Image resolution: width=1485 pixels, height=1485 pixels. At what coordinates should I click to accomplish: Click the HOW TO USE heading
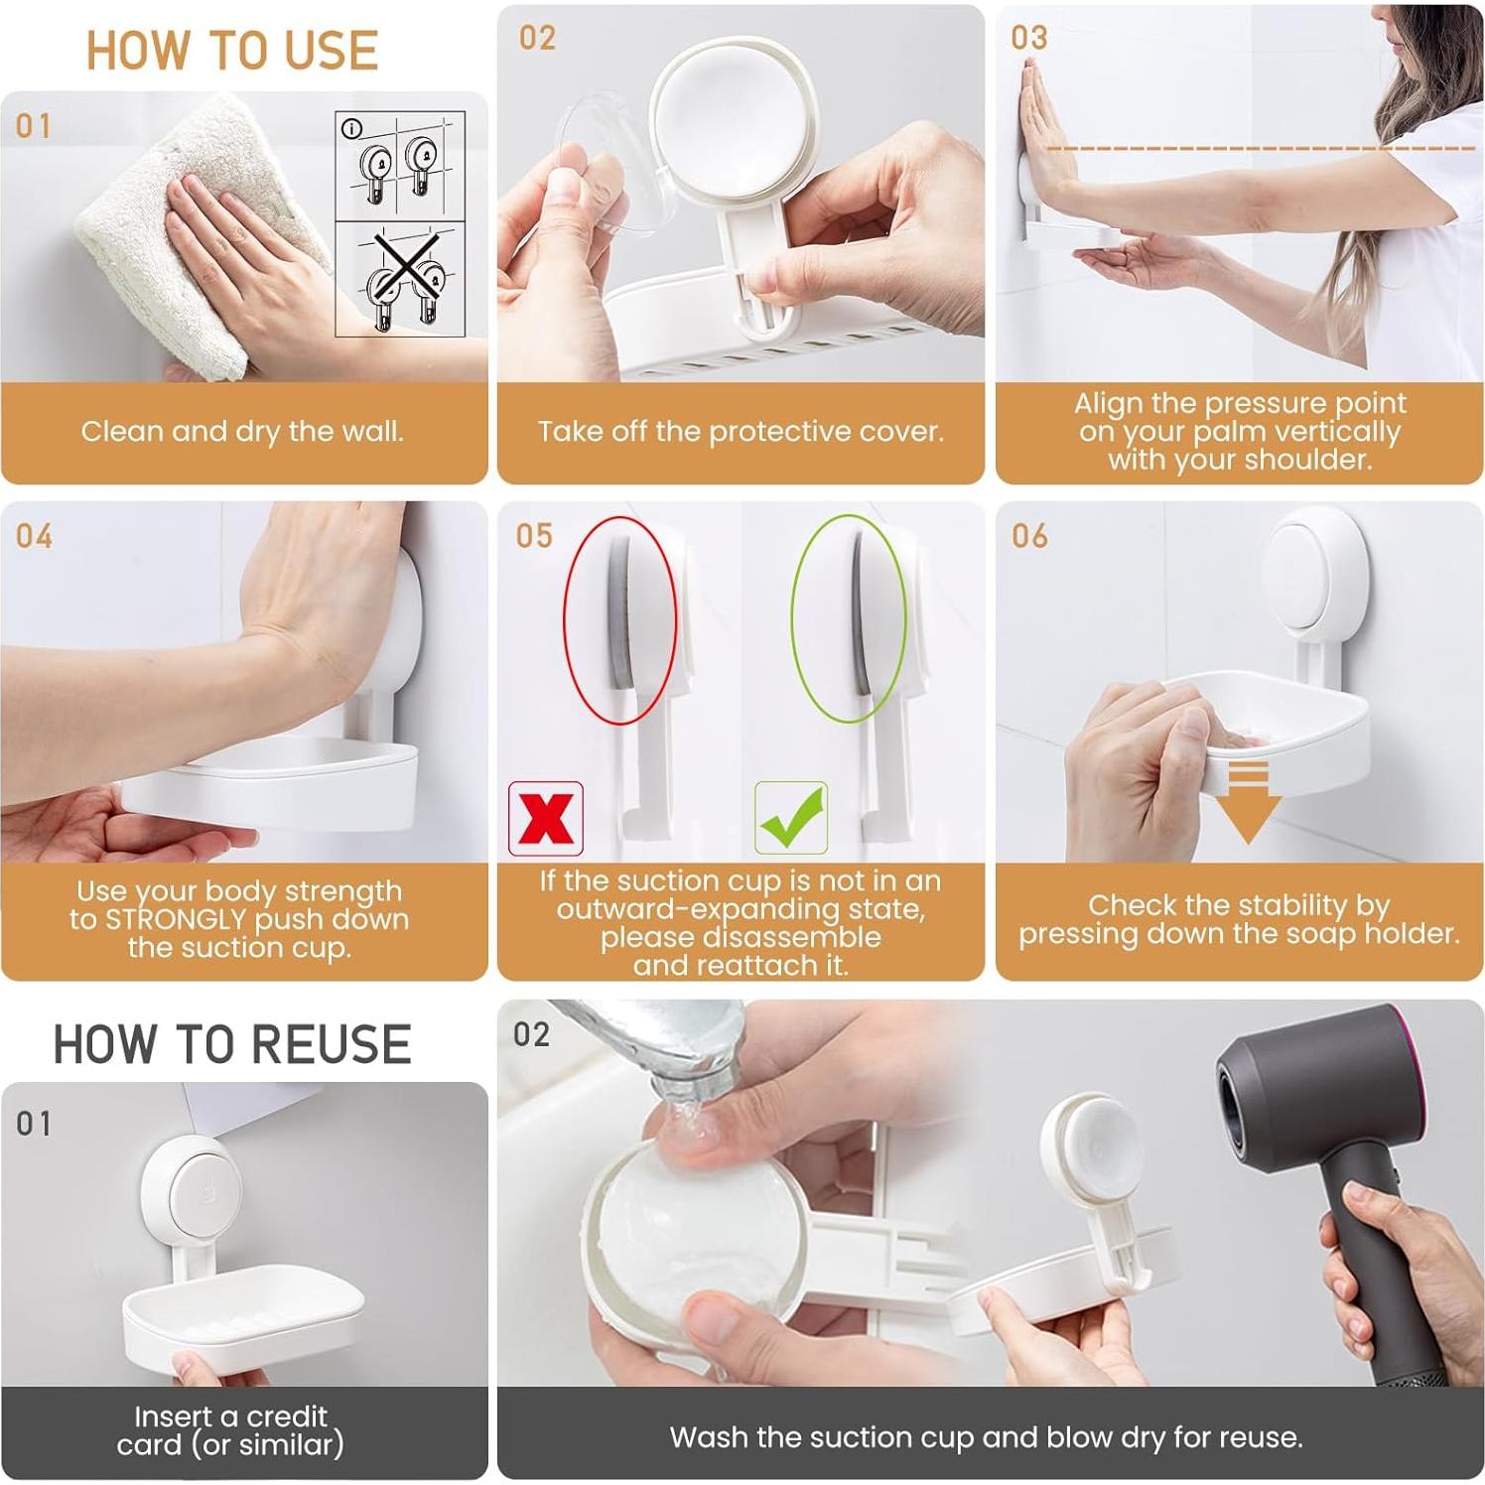231,50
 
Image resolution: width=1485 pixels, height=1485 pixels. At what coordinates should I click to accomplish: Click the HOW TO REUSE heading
231,1044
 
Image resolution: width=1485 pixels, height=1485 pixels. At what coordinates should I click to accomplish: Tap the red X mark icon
545,819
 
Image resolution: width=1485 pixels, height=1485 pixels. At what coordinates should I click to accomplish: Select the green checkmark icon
791,818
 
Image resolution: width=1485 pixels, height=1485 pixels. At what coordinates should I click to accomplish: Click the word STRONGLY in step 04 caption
175,919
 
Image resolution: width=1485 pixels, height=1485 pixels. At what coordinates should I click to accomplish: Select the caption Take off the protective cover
741,432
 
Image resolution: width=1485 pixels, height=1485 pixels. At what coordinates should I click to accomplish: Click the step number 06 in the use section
1029,537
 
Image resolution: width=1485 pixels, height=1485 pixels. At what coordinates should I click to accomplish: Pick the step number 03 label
1029,39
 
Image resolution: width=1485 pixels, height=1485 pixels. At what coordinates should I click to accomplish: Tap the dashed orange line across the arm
1261,149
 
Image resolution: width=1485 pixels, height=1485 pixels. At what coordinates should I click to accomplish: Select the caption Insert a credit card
230,1430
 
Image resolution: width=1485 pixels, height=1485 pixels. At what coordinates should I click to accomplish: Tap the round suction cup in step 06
1314,576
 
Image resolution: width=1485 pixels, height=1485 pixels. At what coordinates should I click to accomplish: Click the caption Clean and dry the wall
242,432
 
